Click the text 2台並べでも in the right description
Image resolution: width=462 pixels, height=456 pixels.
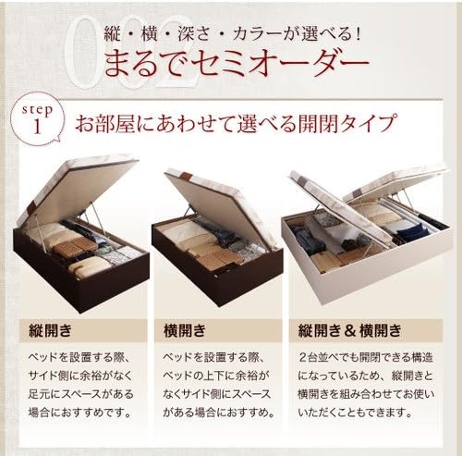pyautogui.click(x=324, y=356)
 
